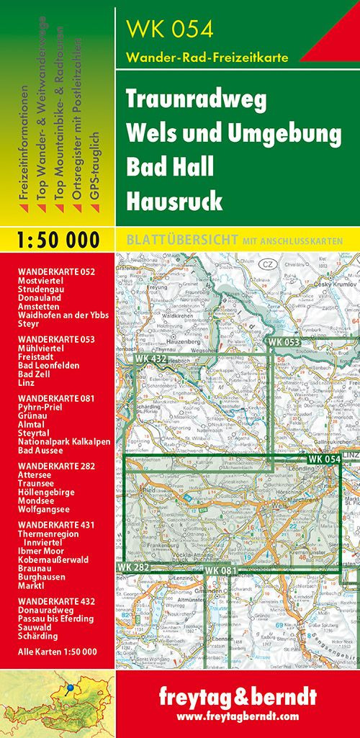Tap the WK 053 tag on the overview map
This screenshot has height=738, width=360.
click(x=284, y=341)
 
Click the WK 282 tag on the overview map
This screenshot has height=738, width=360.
click(x=132, y=569)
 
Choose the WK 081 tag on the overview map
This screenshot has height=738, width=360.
click(x=220, y=571)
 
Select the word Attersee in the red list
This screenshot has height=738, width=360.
click(x=35, y=474)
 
